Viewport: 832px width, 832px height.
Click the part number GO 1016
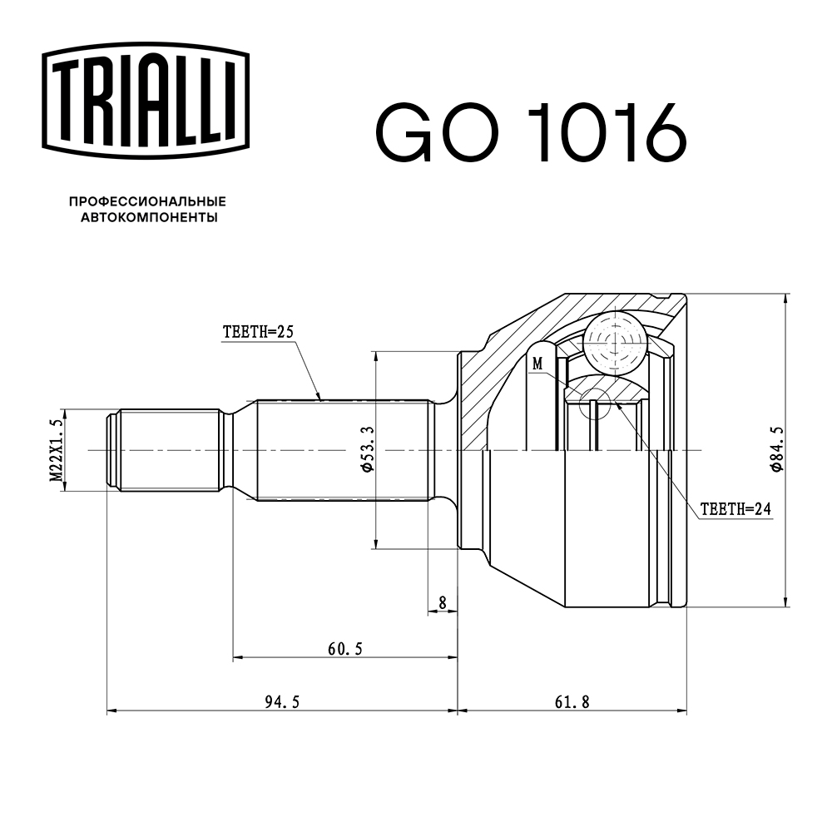point(532,133)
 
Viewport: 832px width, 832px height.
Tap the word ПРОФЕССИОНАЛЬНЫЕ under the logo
point(147,202)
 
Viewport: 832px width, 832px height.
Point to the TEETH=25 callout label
point(259,331)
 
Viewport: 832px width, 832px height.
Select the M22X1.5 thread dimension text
point(57,450)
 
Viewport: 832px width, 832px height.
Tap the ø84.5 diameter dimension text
point(776,450)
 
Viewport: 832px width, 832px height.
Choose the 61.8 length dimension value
point(572,702)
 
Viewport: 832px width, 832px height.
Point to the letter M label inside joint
point(537,364)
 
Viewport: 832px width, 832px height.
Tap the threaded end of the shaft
point(166,450)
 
